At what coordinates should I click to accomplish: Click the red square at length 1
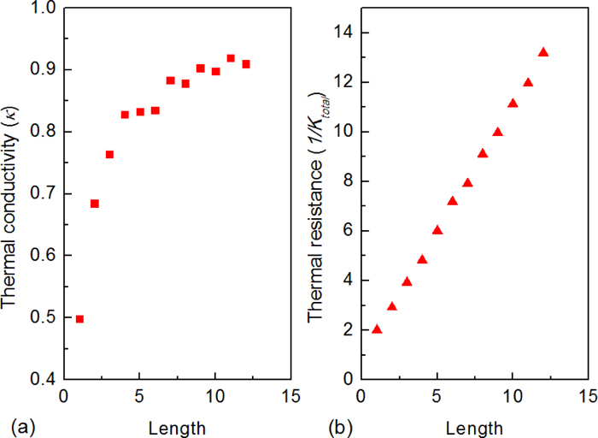point(79,319)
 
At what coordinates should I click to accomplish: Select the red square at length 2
point(95,204)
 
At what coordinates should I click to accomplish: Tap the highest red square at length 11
point(231,58)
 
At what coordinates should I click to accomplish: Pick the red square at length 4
point(125,115)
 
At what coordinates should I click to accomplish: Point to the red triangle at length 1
point(377,329)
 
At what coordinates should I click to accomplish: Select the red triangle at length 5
point(437,230)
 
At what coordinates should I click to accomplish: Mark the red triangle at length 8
point(483,153)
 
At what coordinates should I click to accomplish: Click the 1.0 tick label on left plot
point(45,8)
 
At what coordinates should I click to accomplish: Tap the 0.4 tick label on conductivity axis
point(45,379)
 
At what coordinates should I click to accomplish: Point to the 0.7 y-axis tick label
point(45,193)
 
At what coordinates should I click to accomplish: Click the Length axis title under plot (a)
point(176,425)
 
